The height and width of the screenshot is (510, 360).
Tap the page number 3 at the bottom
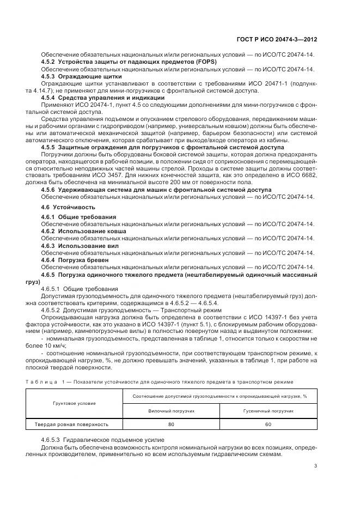(x=315, y=465)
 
